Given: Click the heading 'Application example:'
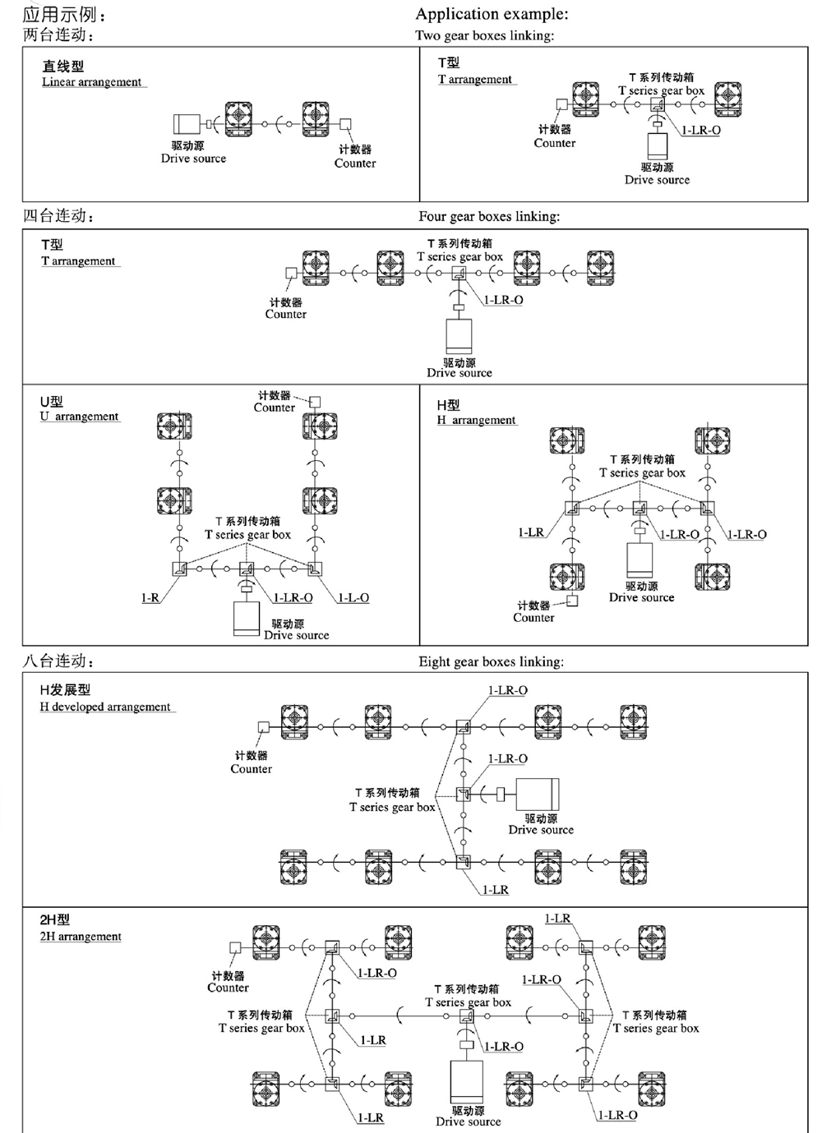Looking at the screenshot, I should point(492,14).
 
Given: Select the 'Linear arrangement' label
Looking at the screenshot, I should point(92,82).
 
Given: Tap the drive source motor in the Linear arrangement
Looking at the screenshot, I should point(187,125).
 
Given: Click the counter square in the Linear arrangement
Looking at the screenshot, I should point(346,125).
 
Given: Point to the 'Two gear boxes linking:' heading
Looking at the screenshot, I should point(484,35).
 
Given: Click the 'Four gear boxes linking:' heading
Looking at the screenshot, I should point(489,217).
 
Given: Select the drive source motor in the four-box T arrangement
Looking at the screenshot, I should point(459,335).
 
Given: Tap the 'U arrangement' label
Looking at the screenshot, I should point(80,417).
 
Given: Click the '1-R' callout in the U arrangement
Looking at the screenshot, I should point(150,598).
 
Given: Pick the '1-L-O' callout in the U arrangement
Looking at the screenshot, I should point(353,598).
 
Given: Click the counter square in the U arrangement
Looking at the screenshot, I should point(314,402).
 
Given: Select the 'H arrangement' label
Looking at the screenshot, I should point(477,420).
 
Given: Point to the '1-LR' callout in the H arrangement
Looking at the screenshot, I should point(531,533).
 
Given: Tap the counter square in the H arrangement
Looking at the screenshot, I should point(572,601).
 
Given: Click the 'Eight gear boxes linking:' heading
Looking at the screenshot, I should point(491,662).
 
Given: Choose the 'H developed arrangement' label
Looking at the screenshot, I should point(105,707).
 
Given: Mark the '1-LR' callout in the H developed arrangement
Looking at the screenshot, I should point(495,890).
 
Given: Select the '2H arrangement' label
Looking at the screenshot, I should point(81,937).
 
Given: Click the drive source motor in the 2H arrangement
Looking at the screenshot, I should point(467,1082).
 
